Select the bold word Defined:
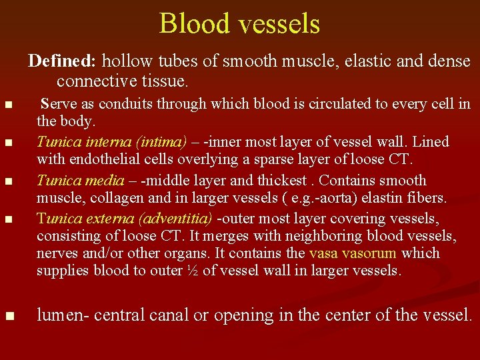point(63,61)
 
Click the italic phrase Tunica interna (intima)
point(112,142)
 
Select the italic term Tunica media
point(81,181)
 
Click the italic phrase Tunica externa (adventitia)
point(125,219)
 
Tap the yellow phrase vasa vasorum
point(353,253)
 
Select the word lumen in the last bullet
point(59,315)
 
